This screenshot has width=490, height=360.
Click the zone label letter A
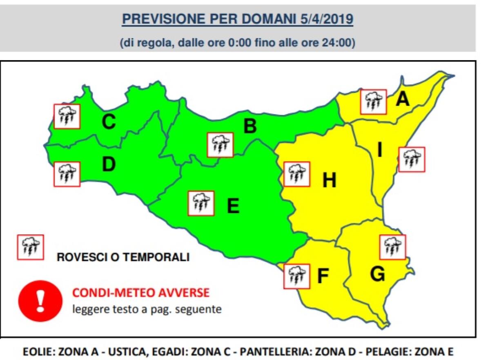click(403, 99)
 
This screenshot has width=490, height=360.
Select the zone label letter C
click(109, 122)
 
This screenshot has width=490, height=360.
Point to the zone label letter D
click(109, 164)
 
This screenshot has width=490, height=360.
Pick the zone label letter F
click(323, 277)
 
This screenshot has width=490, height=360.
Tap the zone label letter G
click(377, 274)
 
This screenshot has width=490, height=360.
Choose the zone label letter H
click(329, 180)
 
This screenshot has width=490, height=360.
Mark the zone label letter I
click(379, 151)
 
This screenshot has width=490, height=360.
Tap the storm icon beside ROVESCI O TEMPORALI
click(30, 247)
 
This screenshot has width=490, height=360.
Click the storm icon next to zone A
click(373, 102)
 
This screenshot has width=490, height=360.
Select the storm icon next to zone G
click(392, 247)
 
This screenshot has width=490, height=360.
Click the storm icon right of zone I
click(411, 159)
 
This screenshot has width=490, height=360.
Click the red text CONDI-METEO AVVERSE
click(141, 292)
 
